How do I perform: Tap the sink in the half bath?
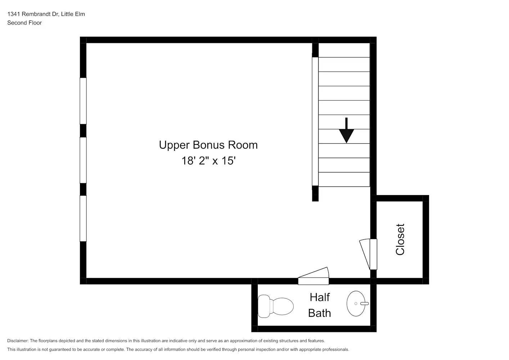click(357, 303)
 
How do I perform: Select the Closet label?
click(400, 239)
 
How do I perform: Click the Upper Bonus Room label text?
click(208, 145)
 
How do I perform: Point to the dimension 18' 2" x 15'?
click(208, 161)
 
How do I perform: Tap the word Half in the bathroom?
click(320, 297)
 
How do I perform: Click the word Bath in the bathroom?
click(319, 313)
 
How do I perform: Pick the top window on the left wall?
click(83, 101)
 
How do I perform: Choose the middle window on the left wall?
click(83, 160)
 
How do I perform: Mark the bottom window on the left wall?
click(83, 218)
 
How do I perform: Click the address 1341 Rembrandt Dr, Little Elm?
click(46, 14)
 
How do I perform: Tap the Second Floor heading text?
click(24, 23)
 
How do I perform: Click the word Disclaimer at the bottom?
click(18, 341)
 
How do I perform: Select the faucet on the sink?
click(364, 303)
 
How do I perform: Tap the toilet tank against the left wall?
click(264, 306)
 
